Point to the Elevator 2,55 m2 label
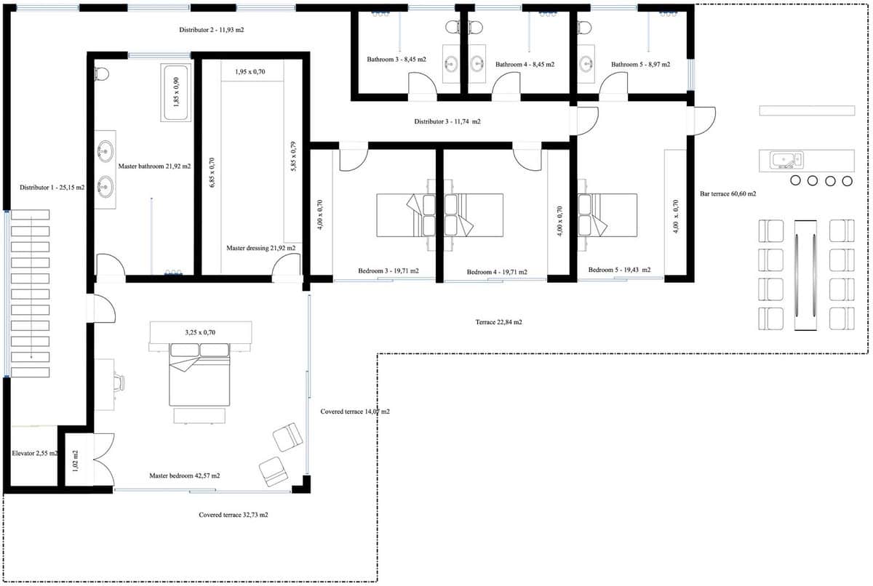[x=35, y=454]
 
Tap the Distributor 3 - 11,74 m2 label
[x=447, y=121]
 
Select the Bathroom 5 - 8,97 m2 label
[x=640, y=65]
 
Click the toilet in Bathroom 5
[x=584, y=28]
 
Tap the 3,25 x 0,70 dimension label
[x=200, y=332]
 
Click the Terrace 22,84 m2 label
[x=499, y=321]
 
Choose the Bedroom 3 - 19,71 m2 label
[x=388, y=271]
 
